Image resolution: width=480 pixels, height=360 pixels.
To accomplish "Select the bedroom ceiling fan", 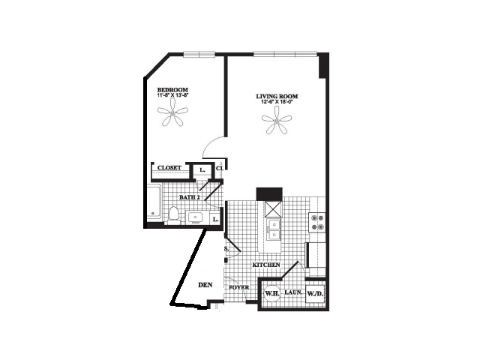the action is pyautogui.click(x=173, y=115).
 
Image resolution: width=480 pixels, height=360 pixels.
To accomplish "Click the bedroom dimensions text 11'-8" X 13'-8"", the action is pyautogui.click(x=177, y=95).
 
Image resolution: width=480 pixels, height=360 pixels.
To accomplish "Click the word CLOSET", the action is pyautogui.click(x=169, y=168).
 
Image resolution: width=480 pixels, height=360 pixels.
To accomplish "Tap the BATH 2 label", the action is pyautogui.click(x=188, y=197).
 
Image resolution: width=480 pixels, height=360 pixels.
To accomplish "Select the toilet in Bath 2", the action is pyautogui.click(x=172, y=216).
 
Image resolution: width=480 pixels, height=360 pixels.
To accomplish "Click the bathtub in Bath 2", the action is pyautogui.click(x=154, y=204).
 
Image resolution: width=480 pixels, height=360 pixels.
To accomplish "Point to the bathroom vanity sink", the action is pyautogui.click(x=195, y=217).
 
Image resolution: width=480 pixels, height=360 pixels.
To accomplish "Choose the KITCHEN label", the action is pyautogui.click(x=266, y=265).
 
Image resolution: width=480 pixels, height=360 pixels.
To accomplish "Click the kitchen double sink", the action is pyautogui.click(x=274, y=229).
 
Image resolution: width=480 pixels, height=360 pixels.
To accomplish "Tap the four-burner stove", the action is pyautogui.click(x=317, y=223).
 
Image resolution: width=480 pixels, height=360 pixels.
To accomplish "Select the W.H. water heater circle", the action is pyautogui.click(x=271, y=294).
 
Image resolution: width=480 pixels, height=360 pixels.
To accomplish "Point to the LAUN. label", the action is pyautogui.click(x=292, y=294).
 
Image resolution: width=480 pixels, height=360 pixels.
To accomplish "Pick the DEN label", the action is pyautogui.click(x=205, y=285).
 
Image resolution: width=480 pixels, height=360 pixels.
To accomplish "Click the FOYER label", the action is pyautogui.click(x=238, y=287).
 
